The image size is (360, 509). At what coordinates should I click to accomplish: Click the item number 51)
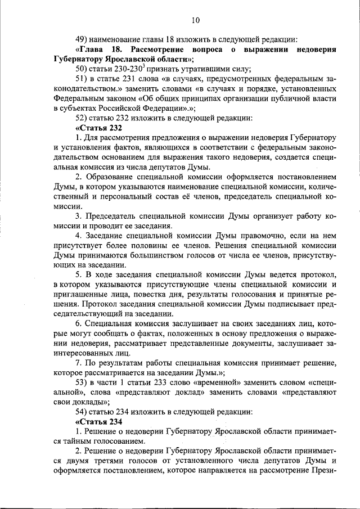tap(83, 79)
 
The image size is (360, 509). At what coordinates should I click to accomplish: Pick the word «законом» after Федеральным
tap(117, 98)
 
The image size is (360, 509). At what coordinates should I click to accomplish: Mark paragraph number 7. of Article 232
tap(79, 363)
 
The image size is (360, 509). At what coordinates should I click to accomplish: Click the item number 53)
tap(83, 382)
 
